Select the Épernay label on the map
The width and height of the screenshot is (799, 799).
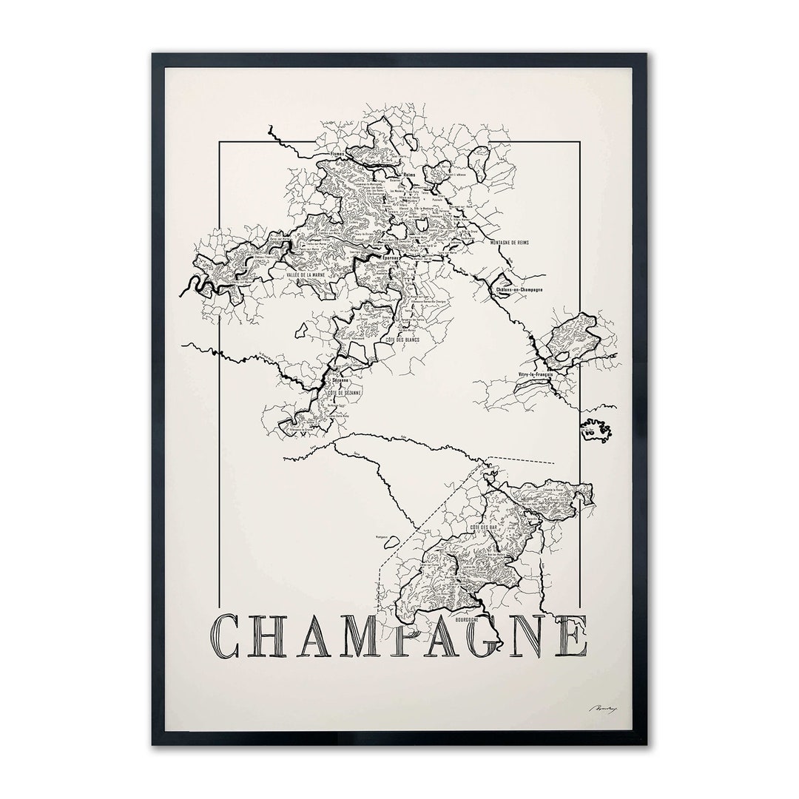pyautogui.click(x=390, y=257)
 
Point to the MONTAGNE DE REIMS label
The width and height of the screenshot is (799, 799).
pyautogui.click(x=514, y=243)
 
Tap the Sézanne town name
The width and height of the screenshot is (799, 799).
pyautogui.click(x=340, y=379)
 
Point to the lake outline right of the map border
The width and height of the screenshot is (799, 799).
pyautogui.click(x=596, y=430)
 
